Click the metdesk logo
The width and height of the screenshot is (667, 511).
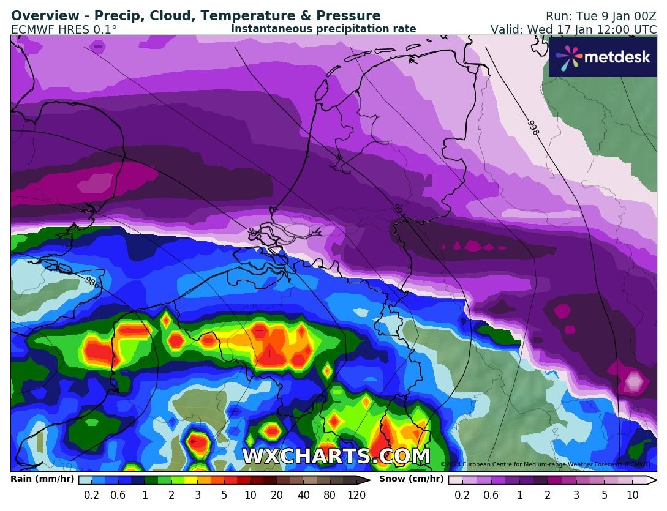coord(603,57)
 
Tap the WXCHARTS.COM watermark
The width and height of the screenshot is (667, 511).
coord(336,457)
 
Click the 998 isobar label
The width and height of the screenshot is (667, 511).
coord(533,127)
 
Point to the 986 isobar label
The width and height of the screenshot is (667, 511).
coord(92,282)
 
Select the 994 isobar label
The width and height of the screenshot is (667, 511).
coord(399,210)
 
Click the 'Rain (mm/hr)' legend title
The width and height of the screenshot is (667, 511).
coord(42,479)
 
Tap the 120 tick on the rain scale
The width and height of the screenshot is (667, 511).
coord(356,495)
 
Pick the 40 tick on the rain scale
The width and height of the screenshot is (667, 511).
coord(303,495)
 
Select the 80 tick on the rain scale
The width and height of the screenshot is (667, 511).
coord(330,495)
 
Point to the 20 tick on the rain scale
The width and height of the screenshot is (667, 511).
coord(277,495)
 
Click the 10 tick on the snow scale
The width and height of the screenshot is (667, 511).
coord(633,495)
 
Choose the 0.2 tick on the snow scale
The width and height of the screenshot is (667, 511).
coord(462,495)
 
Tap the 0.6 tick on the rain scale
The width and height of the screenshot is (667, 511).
coord(118,495)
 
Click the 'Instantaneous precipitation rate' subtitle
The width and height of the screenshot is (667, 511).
coord(323,29)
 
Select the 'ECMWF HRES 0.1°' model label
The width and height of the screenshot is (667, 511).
coord(64,29)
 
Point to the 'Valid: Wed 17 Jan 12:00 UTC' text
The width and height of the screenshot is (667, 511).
coord(573,29)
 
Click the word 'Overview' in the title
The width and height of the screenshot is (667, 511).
coord(43,16)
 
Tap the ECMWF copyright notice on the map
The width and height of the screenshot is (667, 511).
coord(545,464)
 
